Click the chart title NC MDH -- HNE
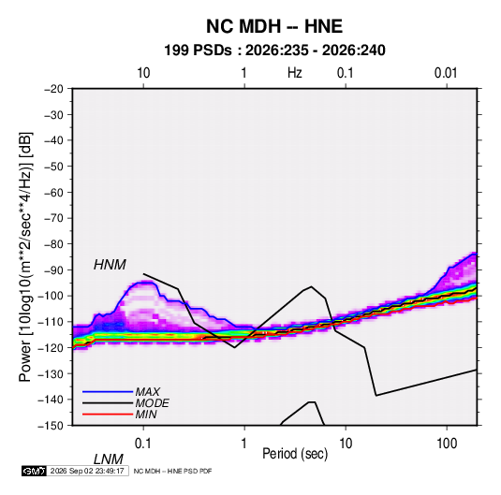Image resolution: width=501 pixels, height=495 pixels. tap(274, 26)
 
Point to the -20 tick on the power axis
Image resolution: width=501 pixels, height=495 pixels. tap(53, 89)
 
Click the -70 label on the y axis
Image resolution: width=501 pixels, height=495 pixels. tap(53, 218)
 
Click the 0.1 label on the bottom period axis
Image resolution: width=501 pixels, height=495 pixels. tap(142, 444)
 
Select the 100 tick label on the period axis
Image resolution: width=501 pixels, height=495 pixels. tap(447, 444)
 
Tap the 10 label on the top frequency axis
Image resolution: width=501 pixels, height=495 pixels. tap(143, 73)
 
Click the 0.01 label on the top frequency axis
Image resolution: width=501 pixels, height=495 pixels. tap(446, 73)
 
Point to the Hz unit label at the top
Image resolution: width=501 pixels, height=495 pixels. tap(295, 73)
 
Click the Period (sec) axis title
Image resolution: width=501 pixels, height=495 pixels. tap(295, 454)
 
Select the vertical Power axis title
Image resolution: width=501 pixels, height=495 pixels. tap(25, 257)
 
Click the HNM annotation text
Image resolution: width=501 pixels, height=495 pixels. tap(110, 265)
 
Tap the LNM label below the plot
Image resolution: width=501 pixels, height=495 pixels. tap(108, 459)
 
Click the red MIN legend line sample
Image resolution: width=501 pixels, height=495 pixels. tap(108, 415)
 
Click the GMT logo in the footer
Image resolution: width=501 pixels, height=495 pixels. tap(35, 471)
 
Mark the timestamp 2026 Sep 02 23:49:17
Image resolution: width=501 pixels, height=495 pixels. tap(87, 471)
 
